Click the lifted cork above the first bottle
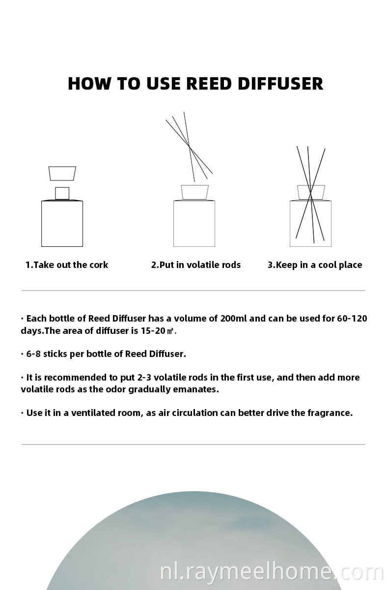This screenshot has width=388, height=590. point(62,173)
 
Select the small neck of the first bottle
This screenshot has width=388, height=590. point(62,193)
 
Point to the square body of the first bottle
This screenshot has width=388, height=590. point(62,224)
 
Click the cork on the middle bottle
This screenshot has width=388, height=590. point(194,192)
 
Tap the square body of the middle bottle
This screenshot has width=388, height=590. point(194,224)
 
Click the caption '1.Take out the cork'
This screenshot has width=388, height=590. point(67,265)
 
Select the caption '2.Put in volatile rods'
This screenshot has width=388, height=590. point(196,265)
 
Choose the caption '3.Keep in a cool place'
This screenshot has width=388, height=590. point(315,265)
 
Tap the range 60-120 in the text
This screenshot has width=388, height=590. point(352,319)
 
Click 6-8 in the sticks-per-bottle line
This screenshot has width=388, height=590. point(33,354)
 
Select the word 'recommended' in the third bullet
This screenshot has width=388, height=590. point(81,378)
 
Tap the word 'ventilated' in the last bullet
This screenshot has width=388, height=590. point(93,413)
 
